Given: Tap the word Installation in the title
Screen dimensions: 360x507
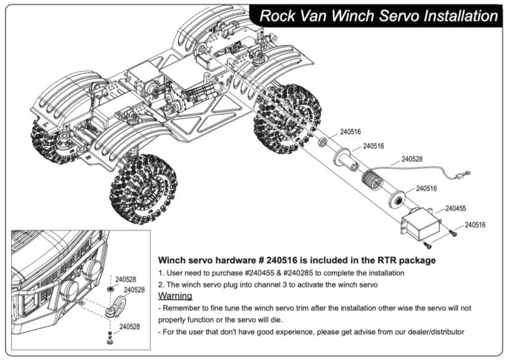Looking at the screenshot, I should (x=456, y=16).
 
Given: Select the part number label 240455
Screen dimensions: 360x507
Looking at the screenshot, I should (x=455, y=208).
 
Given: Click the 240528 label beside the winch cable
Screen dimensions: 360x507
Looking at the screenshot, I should (x=412, y=158).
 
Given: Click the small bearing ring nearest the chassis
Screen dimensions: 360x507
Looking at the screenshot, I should (x=323, y=142).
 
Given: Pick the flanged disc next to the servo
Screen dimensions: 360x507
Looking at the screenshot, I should (x=397, y=200).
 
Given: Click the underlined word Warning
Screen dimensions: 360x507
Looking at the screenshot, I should (x=176, y=296).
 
